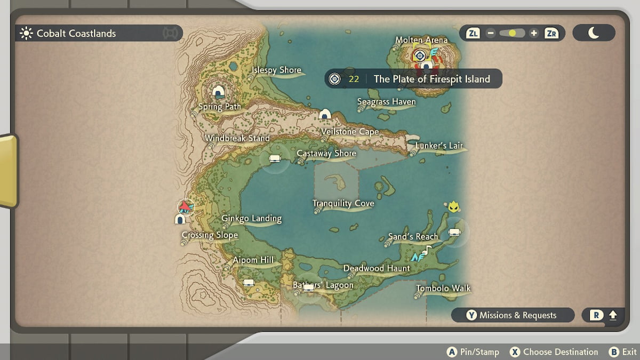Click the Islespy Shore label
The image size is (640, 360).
point(276,70)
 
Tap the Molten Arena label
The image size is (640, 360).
point(421,40)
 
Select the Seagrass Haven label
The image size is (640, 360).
point(386,101)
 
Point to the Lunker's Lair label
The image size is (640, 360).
point(439,146)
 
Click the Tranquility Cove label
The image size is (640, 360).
point(343,203)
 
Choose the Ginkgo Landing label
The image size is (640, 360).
point(251,218)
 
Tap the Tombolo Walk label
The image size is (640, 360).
point(443,289)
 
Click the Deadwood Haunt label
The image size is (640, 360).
point(377,268)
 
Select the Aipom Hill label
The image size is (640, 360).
point(253,260)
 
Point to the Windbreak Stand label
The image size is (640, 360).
point(237,138)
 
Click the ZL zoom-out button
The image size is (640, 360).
point(473,33)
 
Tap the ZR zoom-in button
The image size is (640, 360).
point(551,33)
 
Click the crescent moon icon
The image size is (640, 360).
point(594,33)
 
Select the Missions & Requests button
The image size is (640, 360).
point(513,315)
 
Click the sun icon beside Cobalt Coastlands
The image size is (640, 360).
point(26,34)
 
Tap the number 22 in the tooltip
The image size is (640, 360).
point(354,79)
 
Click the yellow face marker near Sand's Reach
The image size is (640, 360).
point(454,206)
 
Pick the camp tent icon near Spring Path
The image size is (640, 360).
point(218,92)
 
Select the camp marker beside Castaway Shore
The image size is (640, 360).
point(275,158)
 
